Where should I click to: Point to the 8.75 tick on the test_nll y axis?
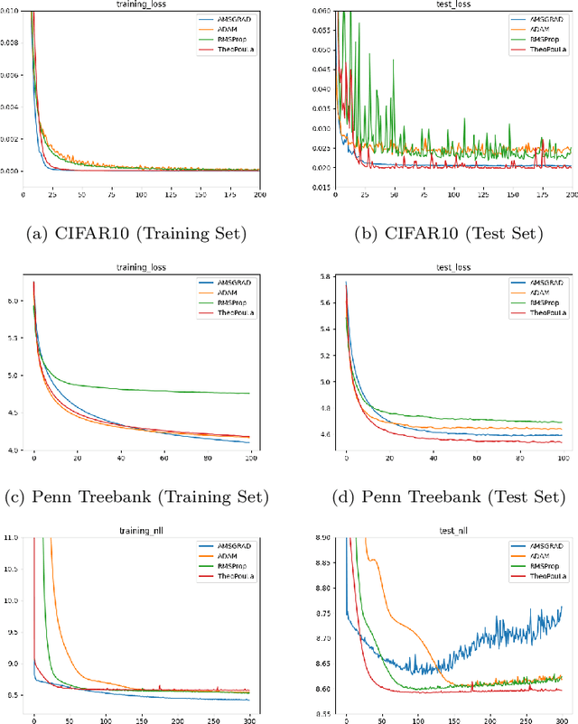[321, 613]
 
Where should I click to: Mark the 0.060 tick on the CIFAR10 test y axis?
[321, 11]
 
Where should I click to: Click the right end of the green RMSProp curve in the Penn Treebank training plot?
[249, 393]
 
